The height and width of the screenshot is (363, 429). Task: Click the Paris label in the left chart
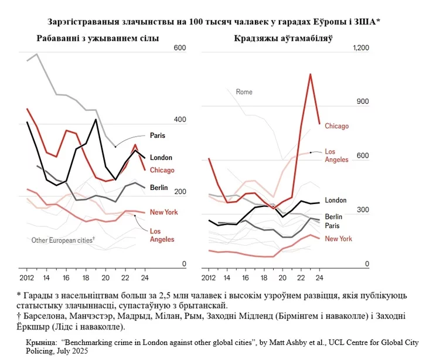pos(158,135)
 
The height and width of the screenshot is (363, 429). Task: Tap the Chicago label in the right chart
pos(337,126)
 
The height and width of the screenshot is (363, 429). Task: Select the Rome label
pos(244,91)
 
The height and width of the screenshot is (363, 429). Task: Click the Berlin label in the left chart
pos(159,188)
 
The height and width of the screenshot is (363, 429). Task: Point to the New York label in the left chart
pos(164,212)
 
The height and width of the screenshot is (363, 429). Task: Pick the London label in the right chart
pos(336,200)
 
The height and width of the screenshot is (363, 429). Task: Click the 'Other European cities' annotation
pos(63,240)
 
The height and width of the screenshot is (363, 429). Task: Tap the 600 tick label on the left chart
pos(180,48)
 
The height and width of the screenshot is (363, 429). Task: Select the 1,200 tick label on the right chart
pos(361,48)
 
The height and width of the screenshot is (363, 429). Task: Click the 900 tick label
pos(363,101)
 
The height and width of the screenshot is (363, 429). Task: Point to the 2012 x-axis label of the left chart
pos(26,277)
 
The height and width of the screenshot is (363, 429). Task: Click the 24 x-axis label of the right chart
pos(319,277)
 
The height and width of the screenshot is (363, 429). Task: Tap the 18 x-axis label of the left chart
pos(86,277)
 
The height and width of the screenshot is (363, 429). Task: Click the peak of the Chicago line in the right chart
pos(310,74)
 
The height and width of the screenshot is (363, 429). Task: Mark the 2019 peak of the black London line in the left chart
pos(96,120)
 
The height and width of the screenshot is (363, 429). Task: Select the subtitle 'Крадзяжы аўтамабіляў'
pos(283,38)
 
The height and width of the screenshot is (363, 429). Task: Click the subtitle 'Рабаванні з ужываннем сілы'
pos(98,38)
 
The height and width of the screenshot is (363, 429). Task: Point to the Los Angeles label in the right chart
pos(336,155)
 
